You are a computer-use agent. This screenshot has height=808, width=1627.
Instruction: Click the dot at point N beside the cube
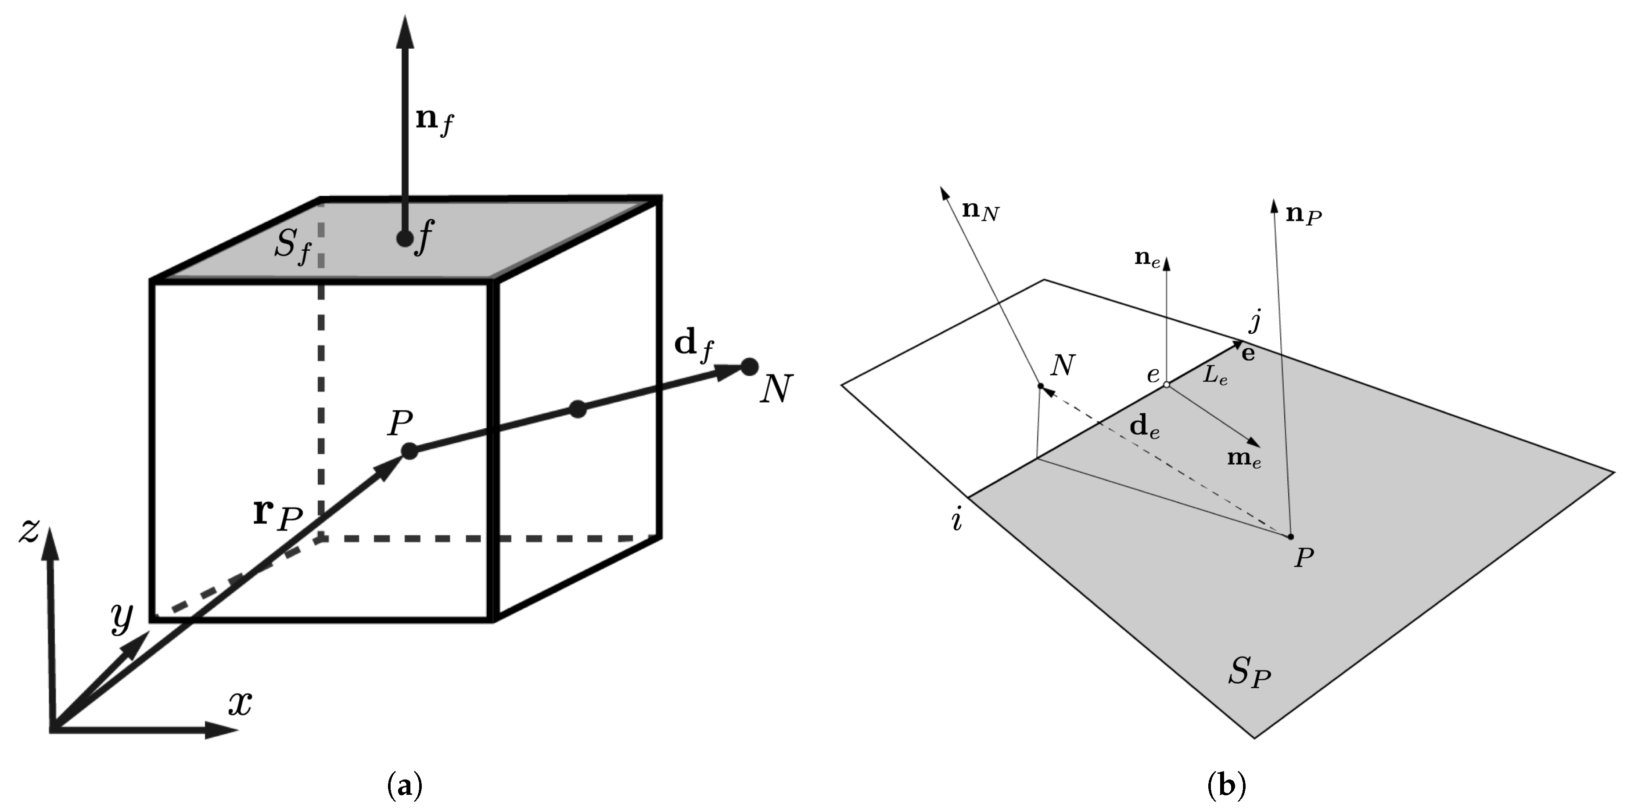tap(749, 366)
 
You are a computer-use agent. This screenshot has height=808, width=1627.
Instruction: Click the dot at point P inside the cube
tap(409, 451)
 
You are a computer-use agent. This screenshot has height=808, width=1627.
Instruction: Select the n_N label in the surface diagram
tap(980, 212)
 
